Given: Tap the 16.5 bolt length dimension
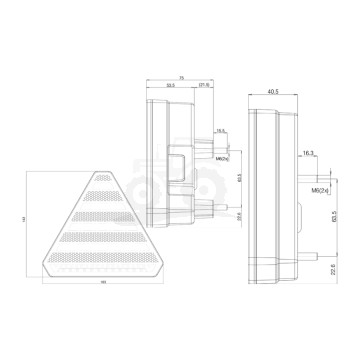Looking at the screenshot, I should coord(219,130).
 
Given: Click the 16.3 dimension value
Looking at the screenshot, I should coord(306,151).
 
